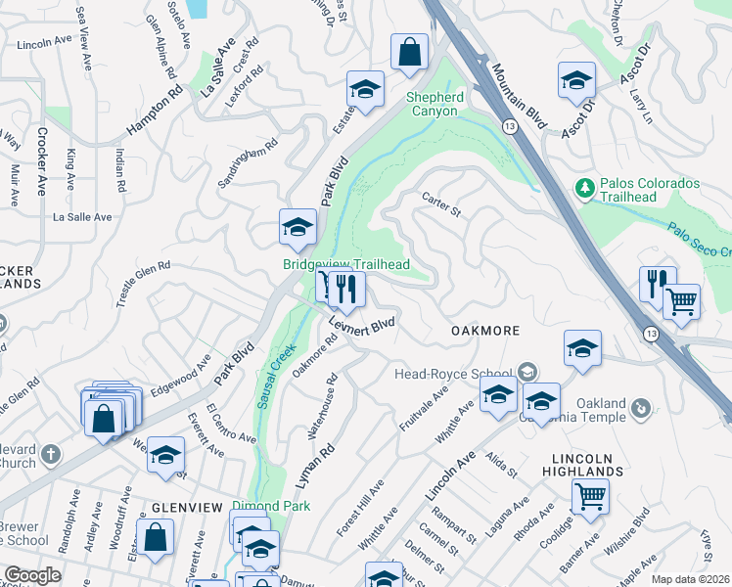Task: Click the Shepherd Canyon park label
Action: pyautogui.click(x=435, y=104)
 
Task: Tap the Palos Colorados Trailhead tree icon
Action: pyautogui.click(x=584, y=186)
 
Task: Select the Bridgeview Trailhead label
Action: pyautogui.click(x=345, y=264)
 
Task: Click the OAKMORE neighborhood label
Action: pyautogui.click(x=485, y=331)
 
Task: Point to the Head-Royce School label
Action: pyautogui.click(x=453, y=373)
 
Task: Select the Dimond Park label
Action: pyautogui.click(x=271, y=506)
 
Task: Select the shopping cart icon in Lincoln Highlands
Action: pyautogui.click(x=590, y=497)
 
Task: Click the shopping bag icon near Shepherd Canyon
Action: pyautogui.click(x=409, y=53)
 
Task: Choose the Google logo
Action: pyautogui.click(x=31, y=575)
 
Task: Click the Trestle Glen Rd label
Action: pyautogui.click(x=143, y=284)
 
